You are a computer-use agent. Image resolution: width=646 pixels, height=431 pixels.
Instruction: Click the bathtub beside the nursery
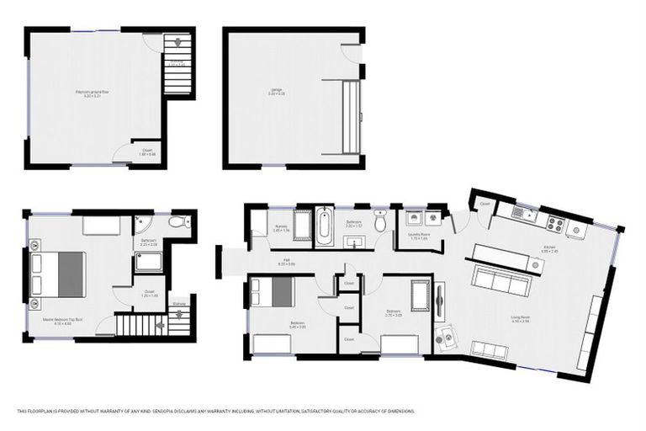tap(324, 226)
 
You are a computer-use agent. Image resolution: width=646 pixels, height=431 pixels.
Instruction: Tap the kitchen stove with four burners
tap(555, 224)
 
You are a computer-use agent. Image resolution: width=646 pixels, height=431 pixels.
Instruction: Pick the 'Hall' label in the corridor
tap(286, 262)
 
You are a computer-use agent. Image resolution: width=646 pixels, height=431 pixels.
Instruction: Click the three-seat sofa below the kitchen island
tap(500, 279)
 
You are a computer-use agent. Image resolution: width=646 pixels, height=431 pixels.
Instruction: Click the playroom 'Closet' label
tap(147, 153)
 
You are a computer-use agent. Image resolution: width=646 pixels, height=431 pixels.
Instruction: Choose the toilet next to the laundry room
tap(380, 222)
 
